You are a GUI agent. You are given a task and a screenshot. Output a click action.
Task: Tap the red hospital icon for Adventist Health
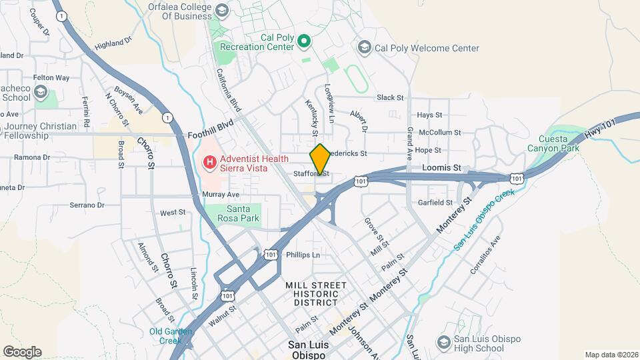pyautogui.click(x=209, y=161)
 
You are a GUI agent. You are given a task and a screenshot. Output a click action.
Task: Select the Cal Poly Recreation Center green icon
pyautogui.click(x=304, y=42)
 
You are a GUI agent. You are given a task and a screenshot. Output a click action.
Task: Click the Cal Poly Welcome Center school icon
pyautogui.click(x=364, y=47)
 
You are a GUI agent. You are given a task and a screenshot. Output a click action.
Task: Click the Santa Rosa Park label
pyautogui.click(x=233, y=213)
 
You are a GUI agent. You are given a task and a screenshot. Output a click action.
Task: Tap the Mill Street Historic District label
pyautogui.click(x=316, y=293)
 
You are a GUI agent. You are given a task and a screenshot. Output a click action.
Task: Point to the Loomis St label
pyautogui.click(x=442, y=167)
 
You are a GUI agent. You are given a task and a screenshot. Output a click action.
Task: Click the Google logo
pyautogui.click(x=22, y=351)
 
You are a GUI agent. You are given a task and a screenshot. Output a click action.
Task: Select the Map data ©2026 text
pyautogui.click(x=611, y=355)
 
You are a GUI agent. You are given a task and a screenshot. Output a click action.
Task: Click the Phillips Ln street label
pyautogui.click(x=303, y=255)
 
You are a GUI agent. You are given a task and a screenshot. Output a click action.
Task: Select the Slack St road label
pyautogui.click(x=390, y=97)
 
